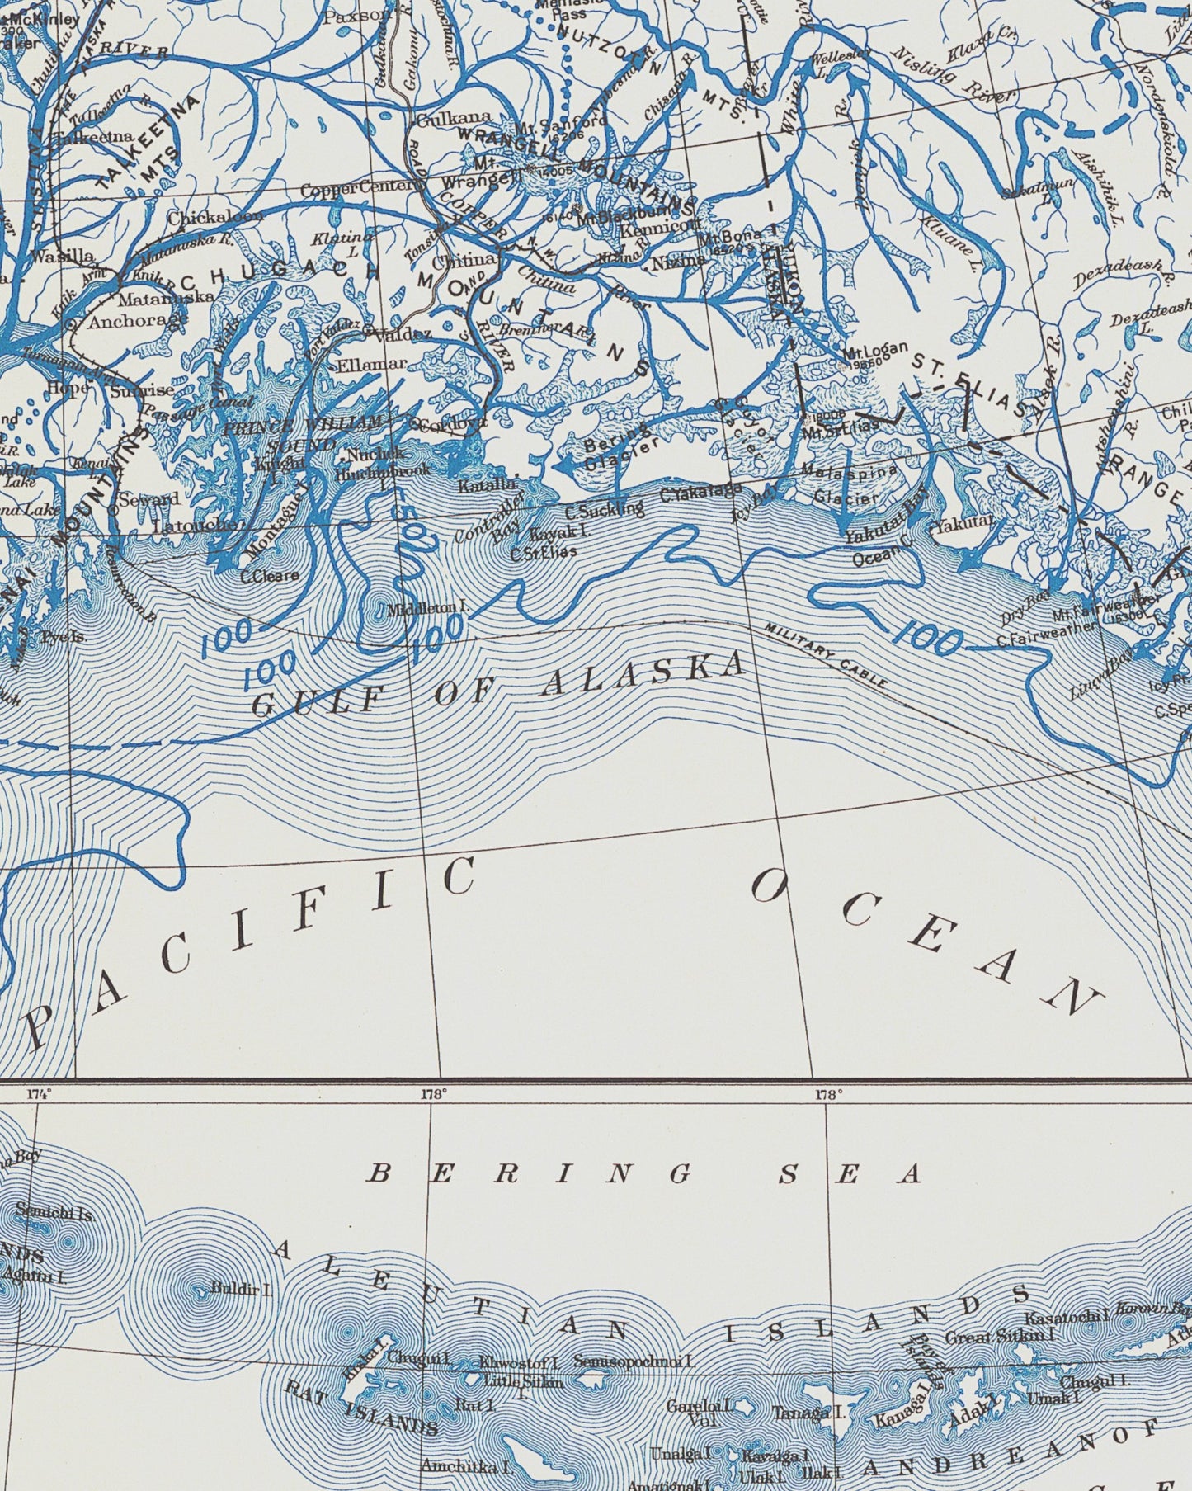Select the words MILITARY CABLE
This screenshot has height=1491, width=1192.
825,656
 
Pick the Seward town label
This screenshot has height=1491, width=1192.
148,499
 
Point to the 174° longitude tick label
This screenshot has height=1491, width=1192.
37,1094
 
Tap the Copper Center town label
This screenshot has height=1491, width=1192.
361,189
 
